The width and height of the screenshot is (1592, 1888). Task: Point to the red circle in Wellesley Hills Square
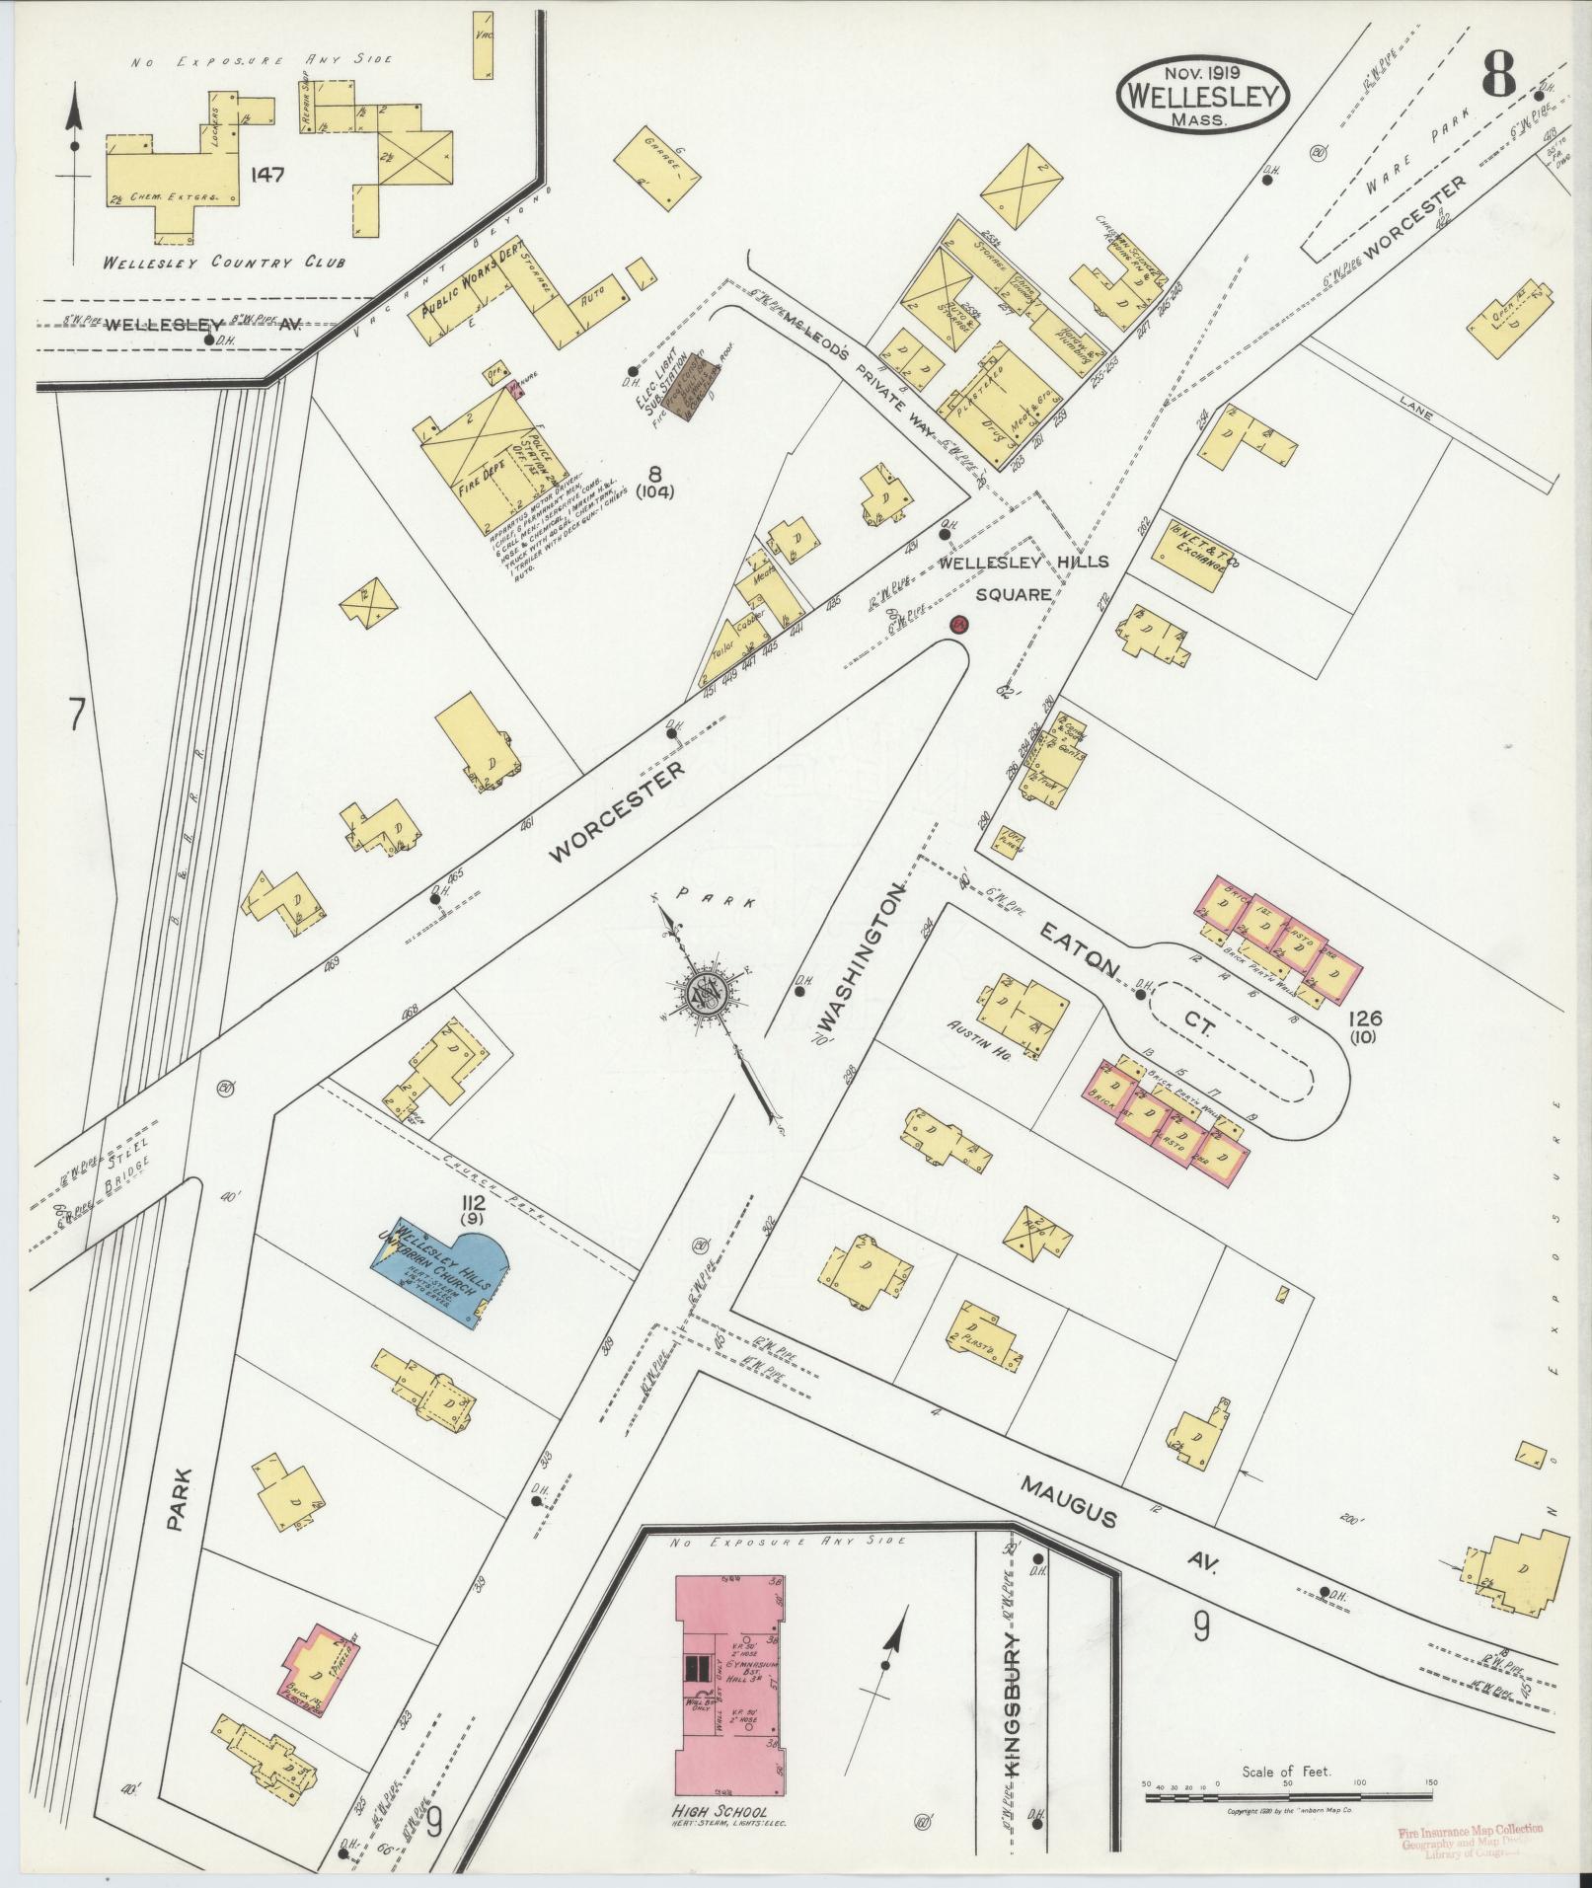958,624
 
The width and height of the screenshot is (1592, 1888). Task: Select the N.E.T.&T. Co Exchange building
1199,554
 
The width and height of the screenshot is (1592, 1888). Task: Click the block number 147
267,175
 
